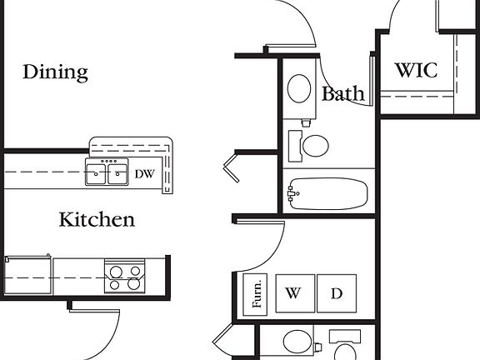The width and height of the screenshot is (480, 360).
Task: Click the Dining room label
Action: click(55, 72)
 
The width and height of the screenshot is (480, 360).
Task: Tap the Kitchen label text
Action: click(97, 219)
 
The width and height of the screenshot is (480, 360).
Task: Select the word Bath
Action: click(343, 93)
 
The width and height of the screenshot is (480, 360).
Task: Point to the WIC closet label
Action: click(417, 70)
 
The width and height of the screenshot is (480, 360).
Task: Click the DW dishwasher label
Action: click(144, 174)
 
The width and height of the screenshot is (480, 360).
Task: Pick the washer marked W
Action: click(295, 293)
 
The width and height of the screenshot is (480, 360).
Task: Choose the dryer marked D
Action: click(337, 293)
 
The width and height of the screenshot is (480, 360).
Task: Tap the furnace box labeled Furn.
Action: click(255, 294)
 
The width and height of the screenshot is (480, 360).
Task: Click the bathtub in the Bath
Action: click(328, 194)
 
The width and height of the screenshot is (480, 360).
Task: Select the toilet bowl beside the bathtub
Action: click(315, 145)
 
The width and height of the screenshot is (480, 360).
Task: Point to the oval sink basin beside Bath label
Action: click(299, 88)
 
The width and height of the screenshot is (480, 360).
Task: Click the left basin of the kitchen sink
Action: click(96, 174)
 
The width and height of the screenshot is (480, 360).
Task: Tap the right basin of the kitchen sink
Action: click(117, 174)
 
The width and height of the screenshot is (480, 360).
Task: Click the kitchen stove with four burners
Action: click(125, 276)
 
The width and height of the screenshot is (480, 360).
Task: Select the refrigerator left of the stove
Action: click(27, 275)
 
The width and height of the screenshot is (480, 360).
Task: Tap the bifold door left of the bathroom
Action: click(231, 167)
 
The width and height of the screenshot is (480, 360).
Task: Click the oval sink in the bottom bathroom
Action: click(297, 341)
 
